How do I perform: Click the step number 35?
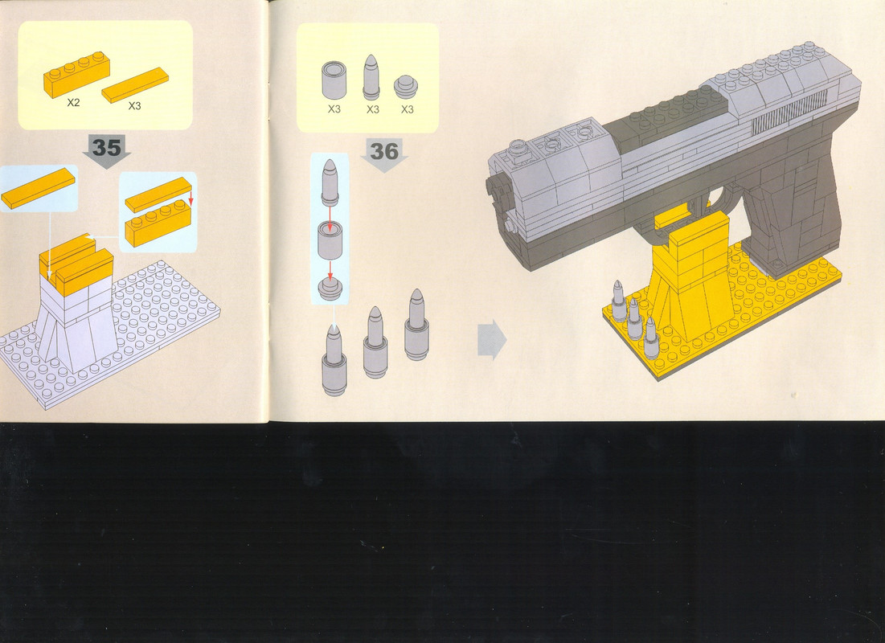tap(107, 147)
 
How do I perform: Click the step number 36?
tap(383, 151)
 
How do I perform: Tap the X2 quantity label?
tap(73, 102)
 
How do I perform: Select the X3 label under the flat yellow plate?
tap(134, 105)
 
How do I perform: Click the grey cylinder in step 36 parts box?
tap(334, 80)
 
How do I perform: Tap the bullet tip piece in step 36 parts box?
tap(371, 77)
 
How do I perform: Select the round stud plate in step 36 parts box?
tap(406, 88)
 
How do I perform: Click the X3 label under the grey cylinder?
tap(334, 109)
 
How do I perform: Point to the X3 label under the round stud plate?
tap(407, 109)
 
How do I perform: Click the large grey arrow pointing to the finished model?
tap(492, 340)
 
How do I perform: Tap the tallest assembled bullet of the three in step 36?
tap(416, 326)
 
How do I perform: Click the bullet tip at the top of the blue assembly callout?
tap(330, 181)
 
